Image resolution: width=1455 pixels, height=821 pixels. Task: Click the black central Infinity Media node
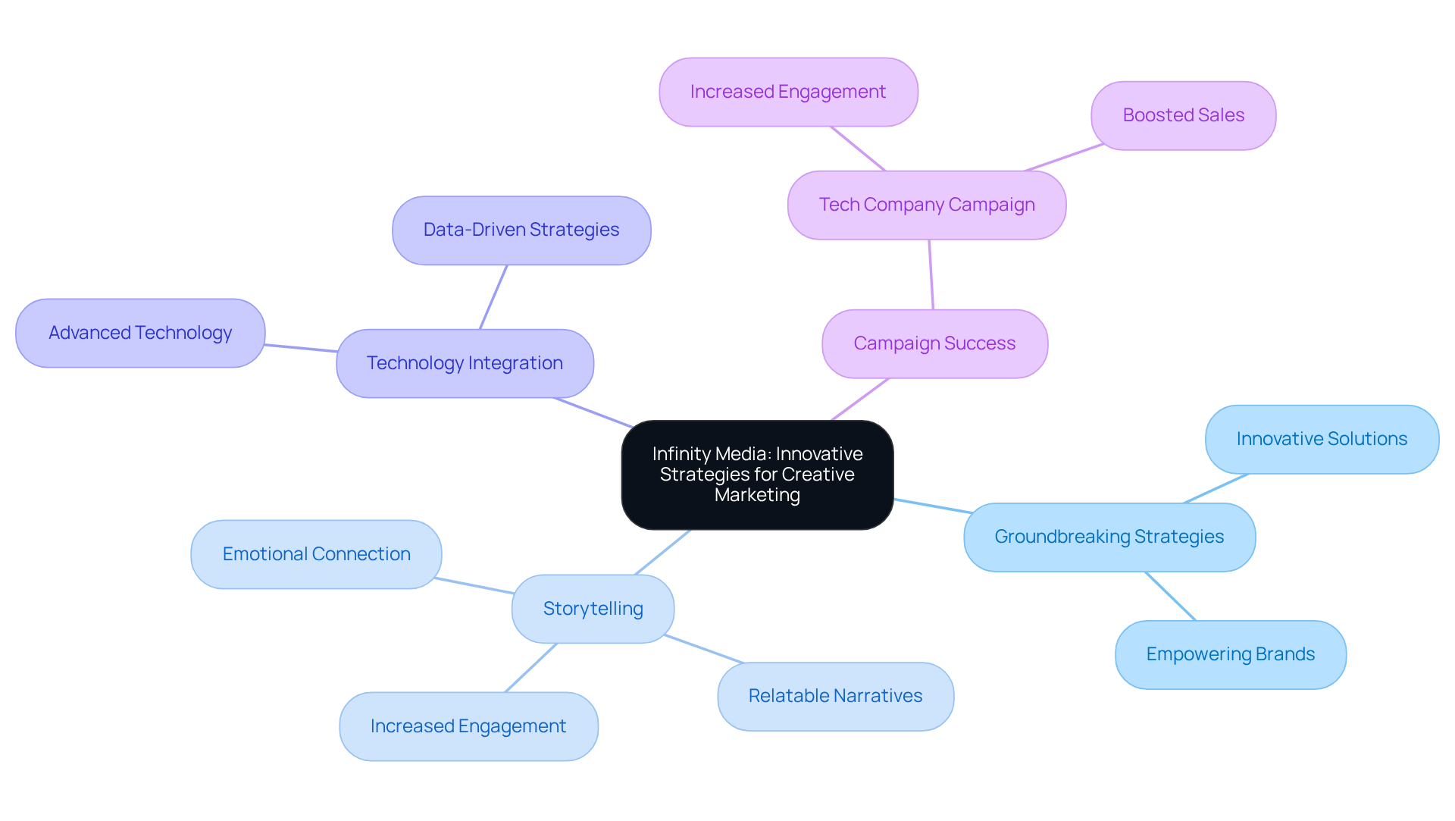coord(758,475)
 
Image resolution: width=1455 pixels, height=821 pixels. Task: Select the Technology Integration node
coord(465,363)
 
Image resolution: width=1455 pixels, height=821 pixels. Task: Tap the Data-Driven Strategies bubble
coord(521,230)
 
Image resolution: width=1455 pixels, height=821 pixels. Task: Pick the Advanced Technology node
coord(140,333)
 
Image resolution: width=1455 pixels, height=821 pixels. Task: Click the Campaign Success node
coord(934,343)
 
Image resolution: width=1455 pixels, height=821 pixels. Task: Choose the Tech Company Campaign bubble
coord(927,205)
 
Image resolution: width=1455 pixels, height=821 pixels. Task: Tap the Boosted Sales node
coord(1183,115)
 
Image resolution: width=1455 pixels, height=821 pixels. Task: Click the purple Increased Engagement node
coord(788,92)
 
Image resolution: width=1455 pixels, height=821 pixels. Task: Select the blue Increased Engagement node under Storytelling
coord(468,726)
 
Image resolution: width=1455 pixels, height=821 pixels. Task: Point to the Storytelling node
coord(593,609)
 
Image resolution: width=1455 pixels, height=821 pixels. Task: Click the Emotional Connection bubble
coord(316,554)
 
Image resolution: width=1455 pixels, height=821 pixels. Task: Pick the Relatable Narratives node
coord(835,696)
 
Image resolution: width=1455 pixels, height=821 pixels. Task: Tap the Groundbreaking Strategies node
coord(1109,537)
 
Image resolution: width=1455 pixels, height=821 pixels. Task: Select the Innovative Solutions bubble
coord(1322,439)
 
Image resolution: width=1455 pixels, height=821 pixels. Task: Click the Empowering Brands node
coord(1230,654)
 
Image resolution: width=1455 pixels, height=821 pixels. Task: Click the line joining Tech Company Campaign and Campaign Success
coord(931,274)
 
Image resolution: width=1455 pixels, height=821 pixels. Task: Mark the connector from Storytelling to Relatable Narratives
coord(705,650)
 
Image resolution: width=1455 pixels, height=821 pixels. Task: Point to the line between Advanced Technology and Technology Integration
coord(301,348)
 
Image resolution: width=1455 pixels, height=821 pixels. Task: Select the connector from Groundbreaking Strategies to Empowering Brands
coord(1171,597)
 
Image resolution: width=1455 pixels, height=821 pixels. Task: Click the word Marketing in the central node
coord(757,495)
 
